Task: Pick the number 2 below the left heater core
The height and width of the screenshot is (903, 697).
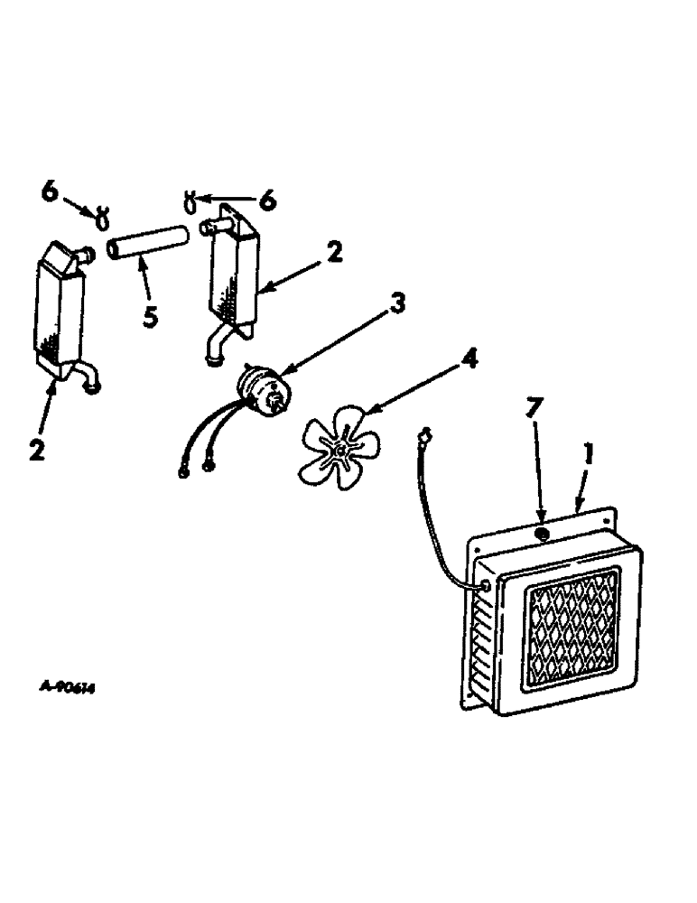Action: point(37,449)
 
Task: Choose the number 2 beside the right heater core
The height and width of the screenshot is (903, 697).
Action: point(334,254)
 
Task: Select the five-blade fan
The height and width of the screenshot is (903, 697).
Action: point(340,446)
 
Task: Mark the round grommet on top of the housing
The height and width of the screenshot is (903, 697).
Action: point(542,535)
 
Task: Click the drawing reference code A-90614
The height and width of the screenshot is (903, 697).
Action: point(69,687)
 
